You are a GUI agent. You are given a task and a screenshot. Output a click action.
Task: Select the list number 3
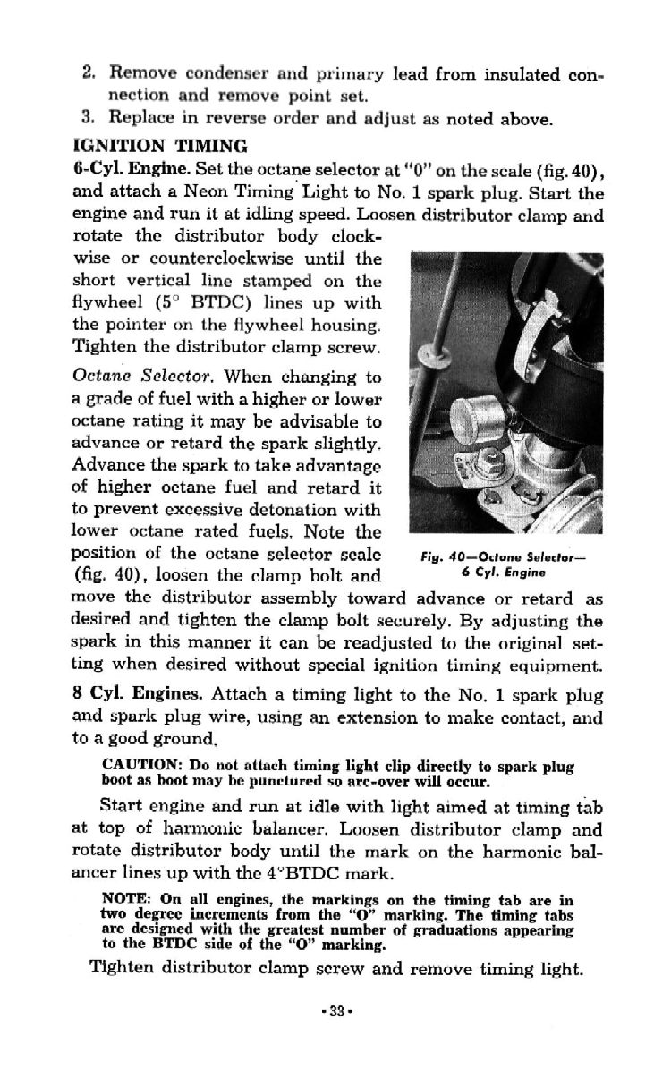point(87,117)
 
